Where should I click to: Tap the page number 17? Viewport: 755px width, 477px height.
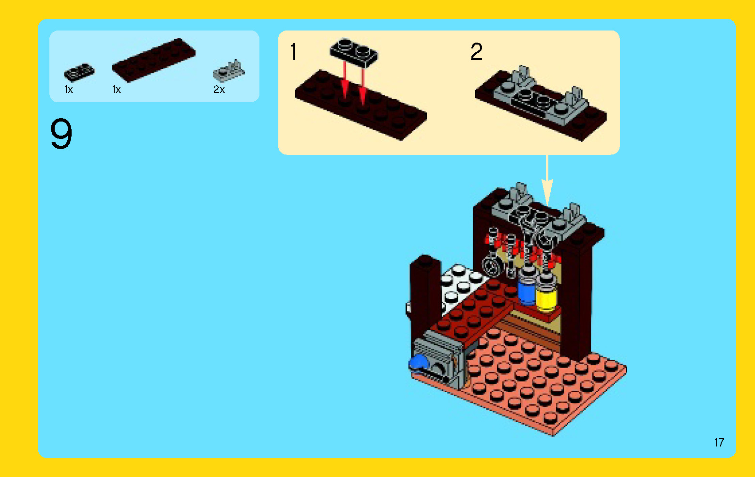point(719,442)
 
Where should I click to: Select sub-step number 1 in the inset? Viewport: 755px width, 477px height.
point(293,52)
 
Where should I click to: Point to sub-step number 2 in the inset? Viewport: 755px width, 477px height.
point(476,52)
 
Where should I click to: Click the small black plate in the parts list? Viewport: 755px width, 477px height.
point(79,73)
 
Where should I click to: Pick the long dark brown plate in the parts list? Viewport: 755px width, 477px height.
point(154,60)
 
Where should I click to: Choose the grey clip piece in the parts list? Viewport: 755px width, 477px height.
point(229,72)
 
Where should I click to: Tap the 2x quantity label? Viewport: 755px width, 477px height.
point(219,90)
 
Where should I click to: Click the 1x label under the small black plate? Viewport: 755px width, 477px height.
point(69,90)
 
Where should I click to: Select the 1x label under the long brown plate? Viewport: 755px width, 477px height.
point(117,90)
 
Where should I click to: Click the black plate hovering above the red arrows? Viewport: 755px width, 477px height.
point(354,51)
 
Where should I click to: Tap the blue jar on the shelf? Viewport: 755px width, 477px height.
point(527,288)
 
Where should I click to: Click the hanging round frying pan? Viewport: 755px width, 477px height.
point(492,266)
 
